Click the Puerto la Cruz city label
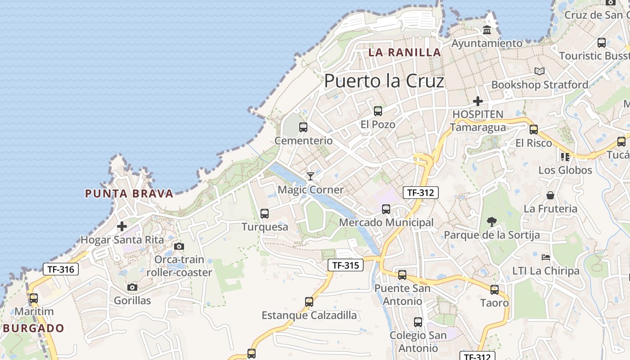tap(384, 81)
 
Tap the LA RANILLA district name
tap(405, 52)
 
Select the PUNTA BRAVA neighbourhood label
tap(129, 194)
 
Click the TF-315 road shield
tap(345, 265)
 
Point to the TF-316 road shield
tap(61, 269)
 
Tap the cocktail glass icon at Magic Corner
tap(310, 176)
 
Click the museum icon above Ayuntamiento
tap(486, 30)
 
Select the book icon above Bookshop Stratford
tap(539, 71)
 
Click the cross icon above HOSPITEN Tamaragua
tap(477, 101)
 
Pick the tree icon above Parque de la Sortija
tap(491, 221)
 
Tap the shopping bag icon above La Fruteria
tap(550, 195)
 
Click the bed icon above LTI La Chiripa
tap(545, 257)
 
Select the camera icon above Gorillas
tap(132, 287)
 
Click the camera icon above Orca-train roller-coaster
tap(179, 246)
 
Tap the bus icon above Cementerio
tap(303, 127)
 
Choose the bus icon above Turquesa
tap(265, 213)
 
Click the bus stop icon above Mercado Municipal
tap(386, 209)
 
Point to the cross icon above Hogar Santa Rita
tap(121, 226)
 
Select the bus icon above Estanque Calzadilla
tap(309, 301)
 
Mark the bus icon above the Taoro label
tap(494, 289)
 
